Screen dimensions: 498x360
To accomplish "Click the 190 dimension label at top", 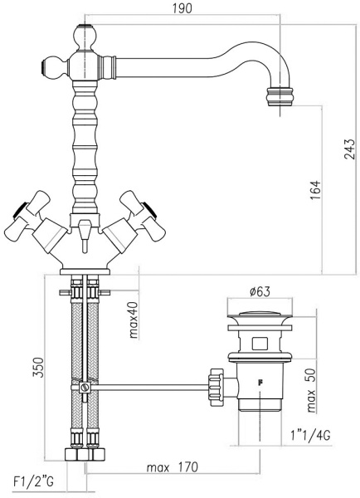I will coord(182,9).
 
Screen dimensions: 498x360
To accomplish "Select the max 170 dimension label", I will coord(171,468).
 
